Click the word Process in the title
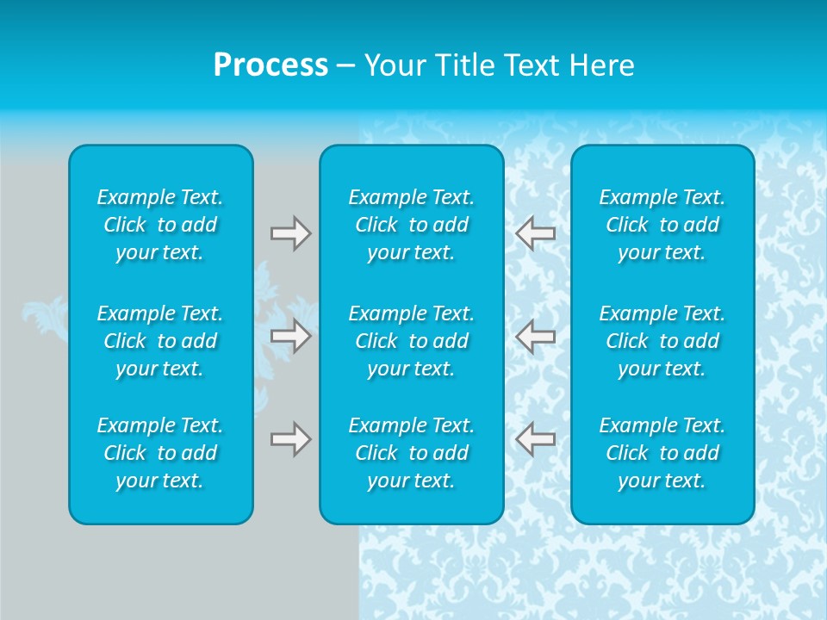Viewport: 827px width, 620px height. [270, 65]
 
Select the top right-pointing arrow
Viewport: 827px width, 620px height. [290, 232]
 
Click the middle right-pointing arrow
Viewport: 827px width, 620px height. [290, 336]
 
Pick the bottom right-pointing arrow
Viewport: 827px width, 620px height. [290, 439]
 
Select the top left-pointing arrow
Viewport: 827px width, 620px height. [536, 232]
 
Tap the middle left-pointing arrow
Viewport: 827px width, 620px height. [536, 336]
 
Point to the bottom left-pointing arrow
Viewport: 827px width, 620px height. [536, 439]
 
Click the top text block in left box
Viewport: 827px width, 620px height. [160, 225]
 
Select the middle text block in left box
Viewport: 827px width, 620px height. [160, 341]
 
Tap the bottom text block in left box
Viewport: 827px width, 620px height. [160, 453]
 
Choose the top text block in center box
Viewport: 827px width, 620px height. [412, 225]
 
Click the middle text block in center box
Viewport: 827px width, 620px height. [412, 341]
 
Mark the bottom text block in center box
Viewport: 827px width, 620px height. [412, 453]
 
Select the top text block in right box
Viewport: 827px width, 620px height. [662, 225]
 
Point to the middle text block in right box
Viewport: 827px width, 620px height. [662, 341]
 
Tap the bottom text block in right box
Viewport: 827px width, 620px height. [662, 453]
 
